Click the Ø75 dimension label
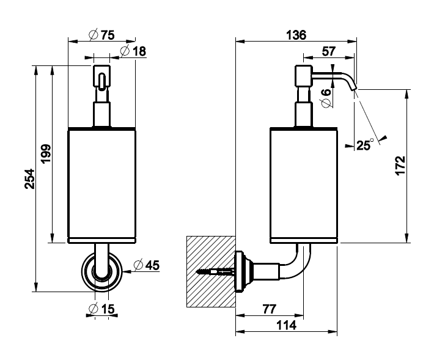tap(101, 35)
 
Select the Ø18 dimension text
tap(133, 51)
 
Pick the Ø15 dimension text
tap(101, 309)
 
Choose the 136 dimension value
tap(296, 35)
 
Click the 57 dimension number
tap(329, 51)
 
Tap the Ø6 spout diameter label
tap(326, 98)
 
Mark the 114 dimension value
tap(285, 326)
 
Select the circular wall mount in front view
tap(101, 269)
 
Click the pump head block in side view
tap(303, 76)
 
